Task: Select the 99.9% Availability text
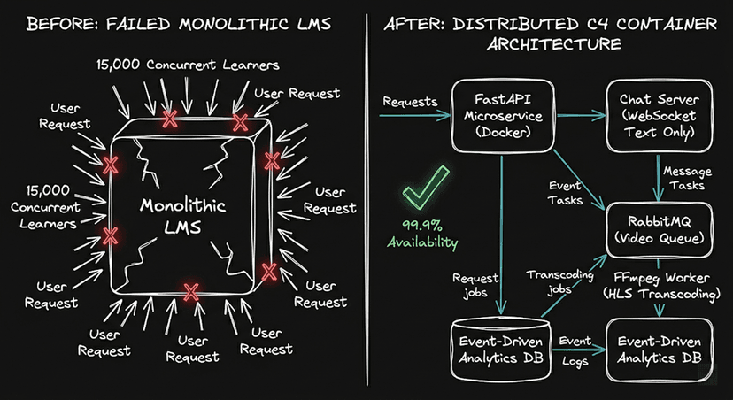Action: click(x=422, y=235)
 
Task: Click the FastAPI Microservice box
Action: click(x=496, y=115)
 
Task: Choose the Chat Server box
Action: click(x=657, y=115)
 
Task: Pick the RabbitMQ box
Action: click(x=657, y=228)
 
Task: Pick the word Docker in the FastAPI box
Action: click(x=496, y=134)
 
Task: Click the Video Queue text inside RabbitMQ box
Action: click(x=657, y=238)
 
